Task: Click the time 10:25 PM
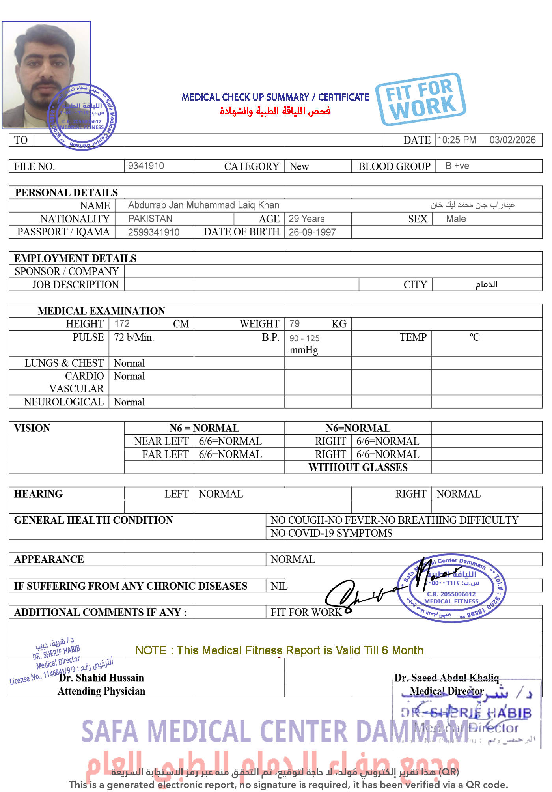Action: point(457,140)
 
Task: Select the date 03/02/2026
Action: point(512,140)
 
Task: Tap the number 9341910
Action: point(146,166)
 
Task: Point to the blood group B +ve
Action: point(457,166)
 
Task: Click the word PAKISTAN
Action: point(150,219)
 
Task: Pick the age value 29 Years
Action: point(306,219)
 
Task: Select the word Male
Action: point(456,219)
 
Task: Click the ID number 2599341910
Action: point(154,232)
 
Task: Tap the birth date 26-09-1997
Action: point(312,232)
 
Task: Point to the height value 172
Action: point(122,323)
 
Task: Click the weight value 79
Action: point(295,323)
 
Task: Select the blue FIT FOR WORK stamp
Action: point(421,99)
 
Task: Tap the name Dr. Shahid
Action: point(82,678)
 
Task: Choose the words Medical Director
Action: point(446,691)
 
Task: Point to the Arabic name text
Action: point(472,205)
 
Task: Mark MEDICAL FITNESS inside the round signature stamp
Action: point(451,601)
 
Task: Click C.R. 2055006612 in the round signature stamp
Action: point(451,594)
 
